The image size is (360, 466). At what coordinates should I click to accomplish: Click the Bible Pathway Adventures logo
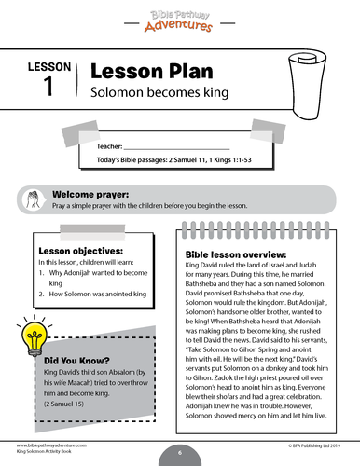point(179,19)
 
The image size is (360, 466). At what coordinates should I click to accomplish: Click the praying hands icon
point(35,199)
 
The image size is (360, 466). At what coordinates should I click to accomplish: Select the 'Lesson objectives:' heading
point(80,251)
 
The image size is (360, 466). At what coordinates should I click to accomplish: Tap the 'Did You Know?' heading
point(80,360)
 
